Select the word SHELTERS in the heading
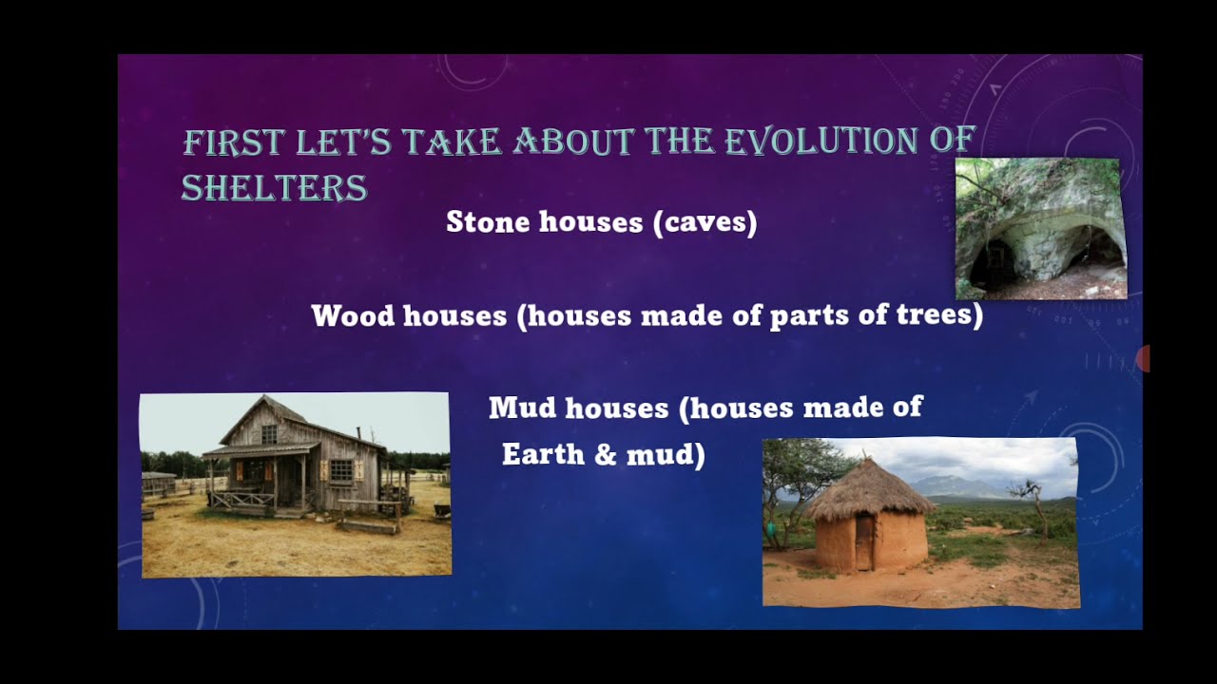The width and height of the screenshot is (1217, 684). coord(274,188)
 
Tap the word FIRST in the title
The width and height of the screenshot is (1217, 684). coord(233,142)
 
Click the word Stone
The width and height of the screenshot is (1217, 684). coord(489,222)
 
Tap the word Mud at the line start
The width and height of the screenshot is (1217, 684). coord(523,408)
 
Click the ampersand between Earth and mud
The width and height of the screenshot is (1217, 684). coord(605,455)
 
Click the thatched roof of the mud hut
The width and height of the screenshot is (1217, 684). coord(865,488)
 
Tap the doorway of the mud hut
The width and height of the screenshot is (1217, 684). coord(863,542)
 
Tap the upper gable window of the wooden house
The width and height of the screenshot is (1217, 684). coord(269,434)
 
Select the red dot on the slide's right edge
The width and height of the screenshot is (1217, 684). coord(1144,359)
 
